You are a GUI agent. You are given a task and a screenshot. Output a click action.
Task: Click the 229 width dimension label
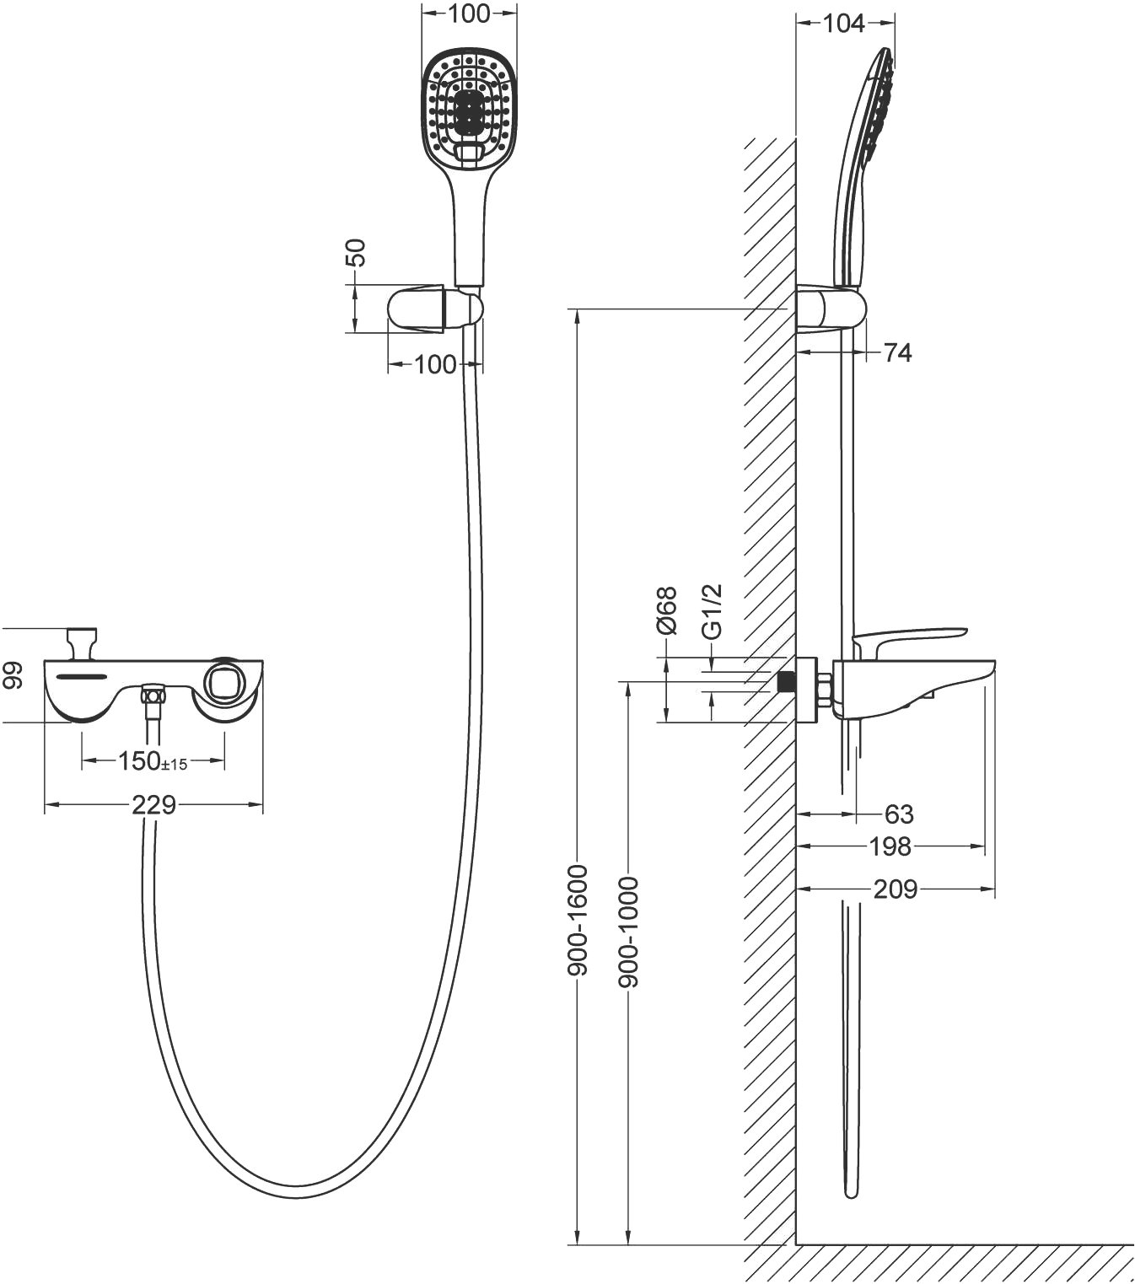[153, 805]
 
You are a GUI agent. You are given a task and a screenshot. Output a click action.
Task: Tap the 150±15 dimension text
[153, 761]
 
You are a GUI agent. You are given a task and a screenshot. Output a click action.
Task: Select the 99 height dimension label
[11, 675]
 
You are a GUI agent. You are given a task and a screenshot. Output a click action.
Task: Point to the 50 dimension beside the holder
[358, 253]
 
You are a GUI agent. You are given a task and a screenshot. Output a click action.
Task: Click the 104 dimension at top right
[843, 24]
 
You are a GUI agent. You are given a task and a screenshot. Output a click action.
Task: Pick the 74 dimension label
[897, 352]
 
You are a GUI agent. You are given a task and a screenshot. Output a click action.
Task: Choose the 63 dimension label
[899, 814]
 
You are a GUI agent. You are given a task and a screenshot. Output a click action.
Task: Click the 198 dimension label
[890, 846]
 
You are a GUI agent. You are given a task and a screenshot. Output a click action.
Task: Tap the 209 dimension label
[895, 889]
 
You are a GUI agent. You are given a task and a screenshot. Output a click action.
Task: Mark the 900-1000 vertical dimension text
[629, 932]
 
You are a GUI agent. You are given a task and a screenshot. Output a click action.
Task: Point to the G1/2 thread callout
[713, 613]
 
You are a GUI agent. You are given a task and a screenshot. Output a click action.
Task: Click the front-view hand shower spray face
[468, 108]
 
